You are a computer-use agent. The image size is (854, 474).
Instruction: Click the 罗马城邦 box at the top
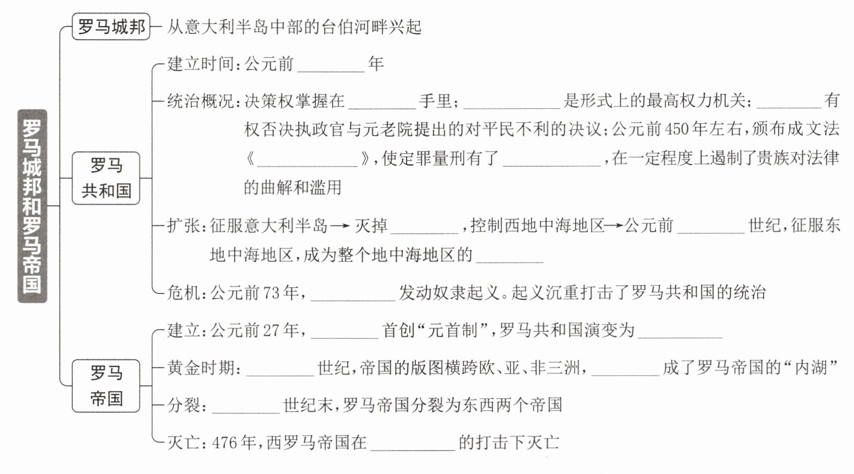[x=111, y=27]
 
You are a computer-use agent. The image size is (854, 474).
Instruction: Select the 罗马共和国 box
[x=106, y=178]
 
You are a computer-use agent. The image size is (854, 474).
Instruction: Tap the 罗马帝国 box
[x=106, y=386]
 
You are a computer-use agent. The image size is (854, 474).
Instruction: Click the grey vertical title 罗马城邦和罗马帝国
[x=32, y=206]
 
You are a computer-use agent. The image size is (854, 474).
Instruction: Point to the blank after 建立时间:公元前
[x=331, y=66]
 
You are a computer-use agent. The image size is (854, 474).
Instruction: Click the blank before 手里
[x=382, y=103]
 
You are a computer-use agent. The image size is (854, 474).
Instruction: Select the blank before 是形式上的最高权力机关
[x=512, y=103]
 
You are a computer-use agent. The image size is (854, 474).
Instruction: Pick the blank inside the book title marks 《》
[x=308, y=160]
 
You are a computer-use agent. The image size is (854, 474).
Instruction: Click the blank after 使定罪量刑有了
[x=551, y=160]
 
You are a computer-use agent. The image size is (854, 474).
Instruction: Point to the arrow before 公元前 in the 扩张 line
[x=614, y=226]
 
